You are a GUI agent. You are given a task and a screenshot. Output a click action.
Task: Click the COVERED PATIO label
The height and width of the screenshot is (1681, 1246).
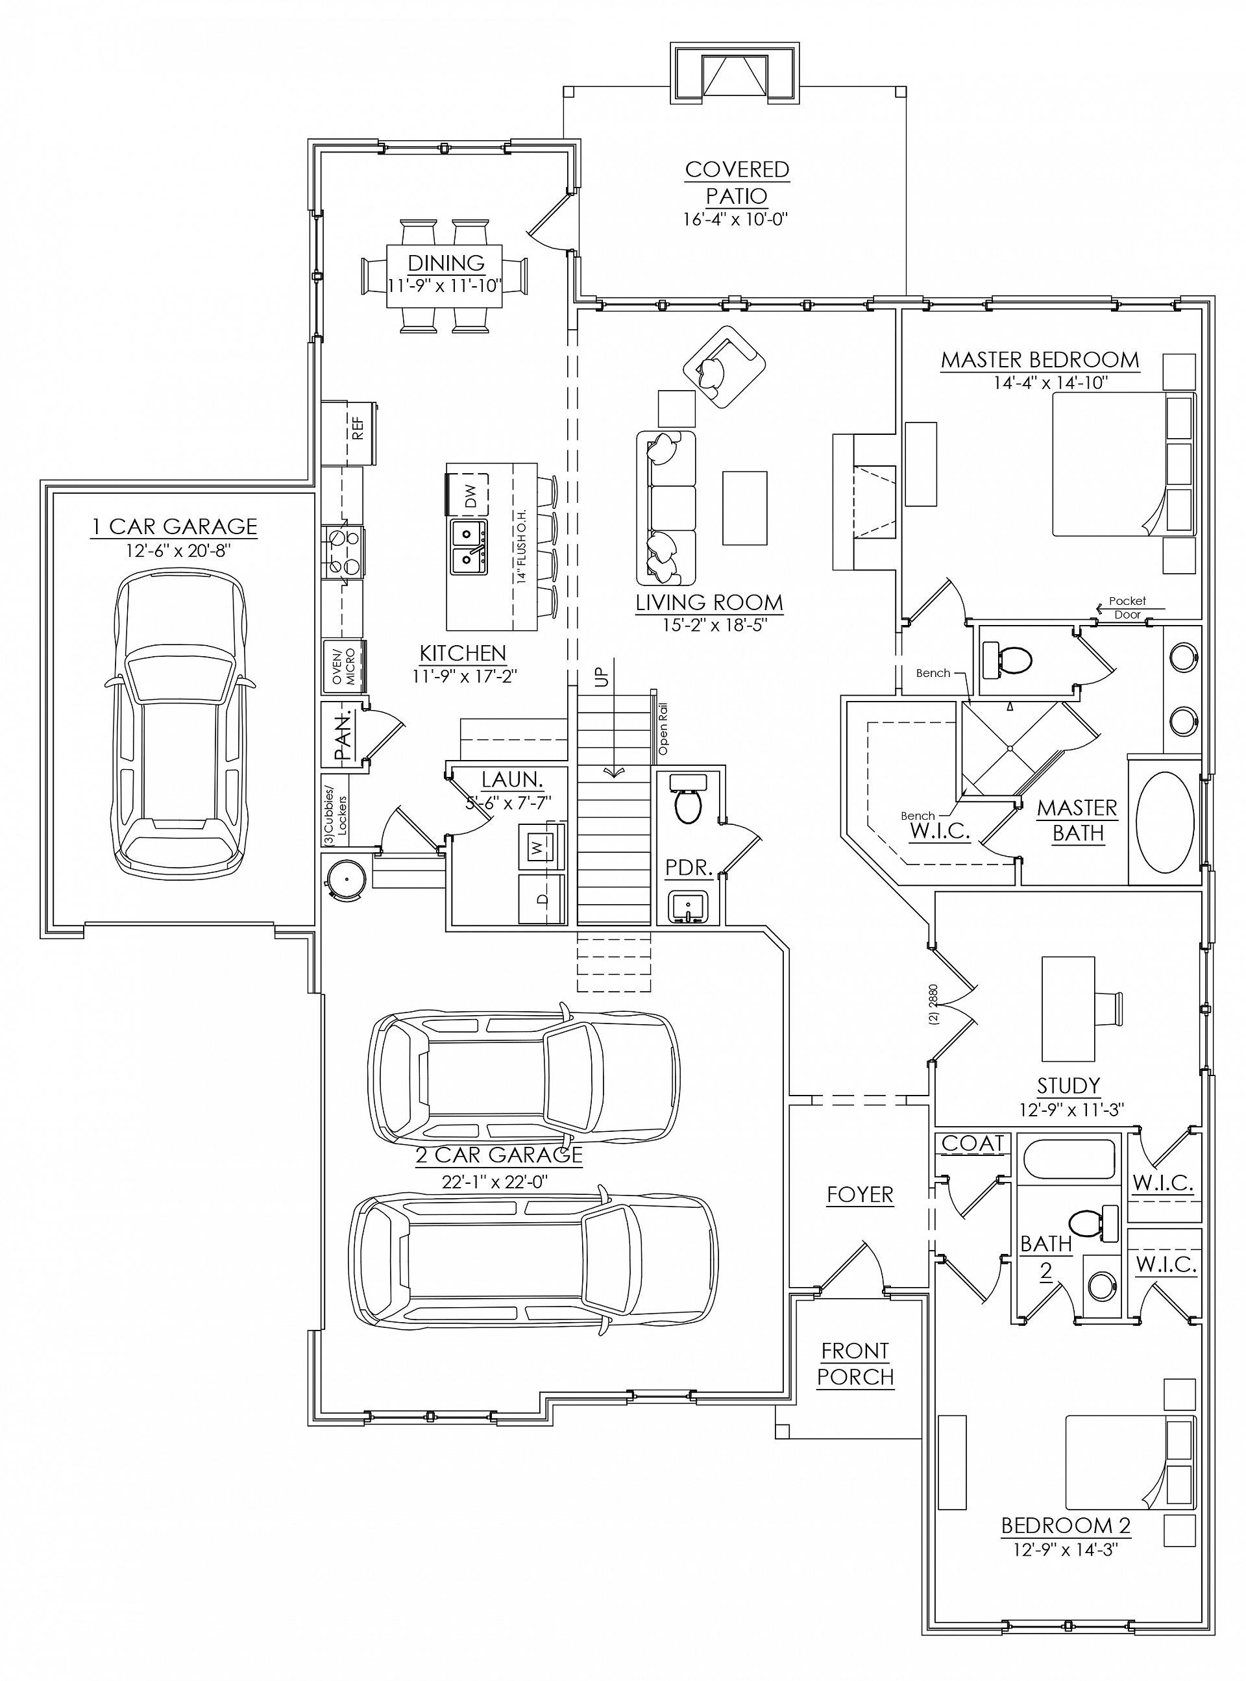pyautogui.click(x=737, y=182)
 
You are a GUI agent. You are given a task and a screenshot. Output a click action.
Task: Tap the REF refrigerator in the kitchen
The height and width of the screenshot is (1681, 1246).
pyautogui.click(x=350, y=433)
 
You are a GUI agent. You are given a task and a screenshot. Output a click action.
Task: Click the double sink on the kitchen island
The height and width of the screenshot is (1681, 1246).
pyautogui.click(x=469, y=546)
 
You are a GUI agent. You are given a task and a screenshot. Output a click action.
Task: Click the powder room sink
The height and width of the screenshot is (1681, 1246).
pyautogui.click(x=688, y=907)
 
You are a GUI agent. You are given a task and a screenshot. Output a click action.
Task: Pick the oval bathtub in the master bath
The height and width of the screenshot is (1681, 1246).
pyautogui.click(x=1166, y=821)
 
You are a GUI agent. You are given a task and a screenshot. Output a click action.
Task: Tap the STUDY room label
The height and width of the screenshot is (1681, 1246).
pyautogui.click(x=1068, y=1086)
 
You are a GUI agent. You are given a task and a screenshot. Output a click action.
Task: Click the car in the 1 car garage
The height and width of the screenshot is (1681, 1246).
pyautogui.click(x=180, y=722)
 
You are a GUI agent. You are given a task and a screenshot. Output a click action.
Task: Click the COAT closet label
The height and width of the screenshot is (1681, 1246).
pyautogui.click(x=973, y=1144)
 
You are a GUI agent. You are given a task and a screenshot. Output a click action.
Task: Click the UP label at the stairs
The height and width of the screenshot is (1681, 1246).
pyautogui.click(x=601, y=677)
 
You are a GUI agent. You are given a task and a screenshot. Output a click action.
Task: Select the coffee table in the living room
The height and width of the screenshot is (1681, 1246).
pyautogui.click(x=744, y=508)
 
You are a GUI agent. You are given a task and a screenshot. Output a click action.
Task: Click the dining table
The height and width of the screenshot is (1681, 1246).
pyautogui.click(x=445, y=276)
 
